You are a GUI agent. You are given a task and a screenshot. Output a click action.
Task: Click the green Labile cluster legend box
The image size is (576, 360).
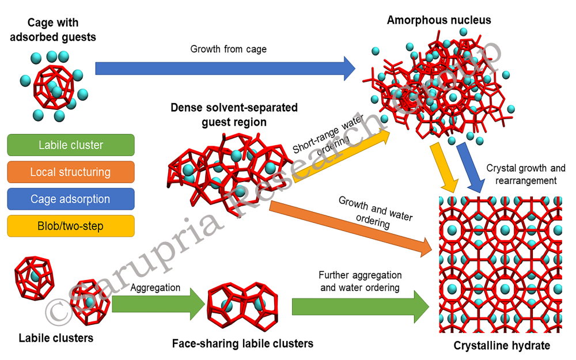[71, 145]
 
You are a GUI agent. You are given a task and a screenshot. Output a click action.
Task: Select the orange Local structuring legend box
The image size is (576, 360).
[71, 172]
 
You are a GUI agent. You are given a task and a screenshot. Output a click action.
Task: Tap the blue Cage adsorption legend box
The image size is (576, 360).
[71, 199]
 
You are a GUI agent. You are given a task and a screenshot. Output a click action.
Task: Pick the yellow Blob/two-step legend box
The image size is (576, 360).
[71, 226]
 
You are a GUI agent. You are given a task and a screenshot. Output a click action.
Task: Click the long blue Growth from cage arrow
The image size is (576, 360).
[225, 69]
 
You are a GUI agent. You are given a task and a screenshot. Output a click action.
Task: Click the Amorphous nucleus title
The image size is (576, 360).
[439, 20]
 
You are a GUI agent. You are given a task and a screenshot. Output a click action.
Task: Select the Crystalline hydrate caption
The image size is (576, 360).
[502, 346]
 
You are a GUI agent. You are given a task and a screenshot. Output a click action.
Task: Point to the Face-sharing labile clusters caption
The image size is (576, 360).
[242, 344]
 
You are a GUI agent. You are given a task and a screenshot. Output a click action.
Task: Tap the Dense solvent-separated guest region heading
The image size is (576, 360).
[234, 115]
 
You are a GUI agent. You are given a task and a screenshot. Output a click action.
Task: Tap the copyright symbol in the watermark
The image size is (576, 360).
[58, 312]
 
